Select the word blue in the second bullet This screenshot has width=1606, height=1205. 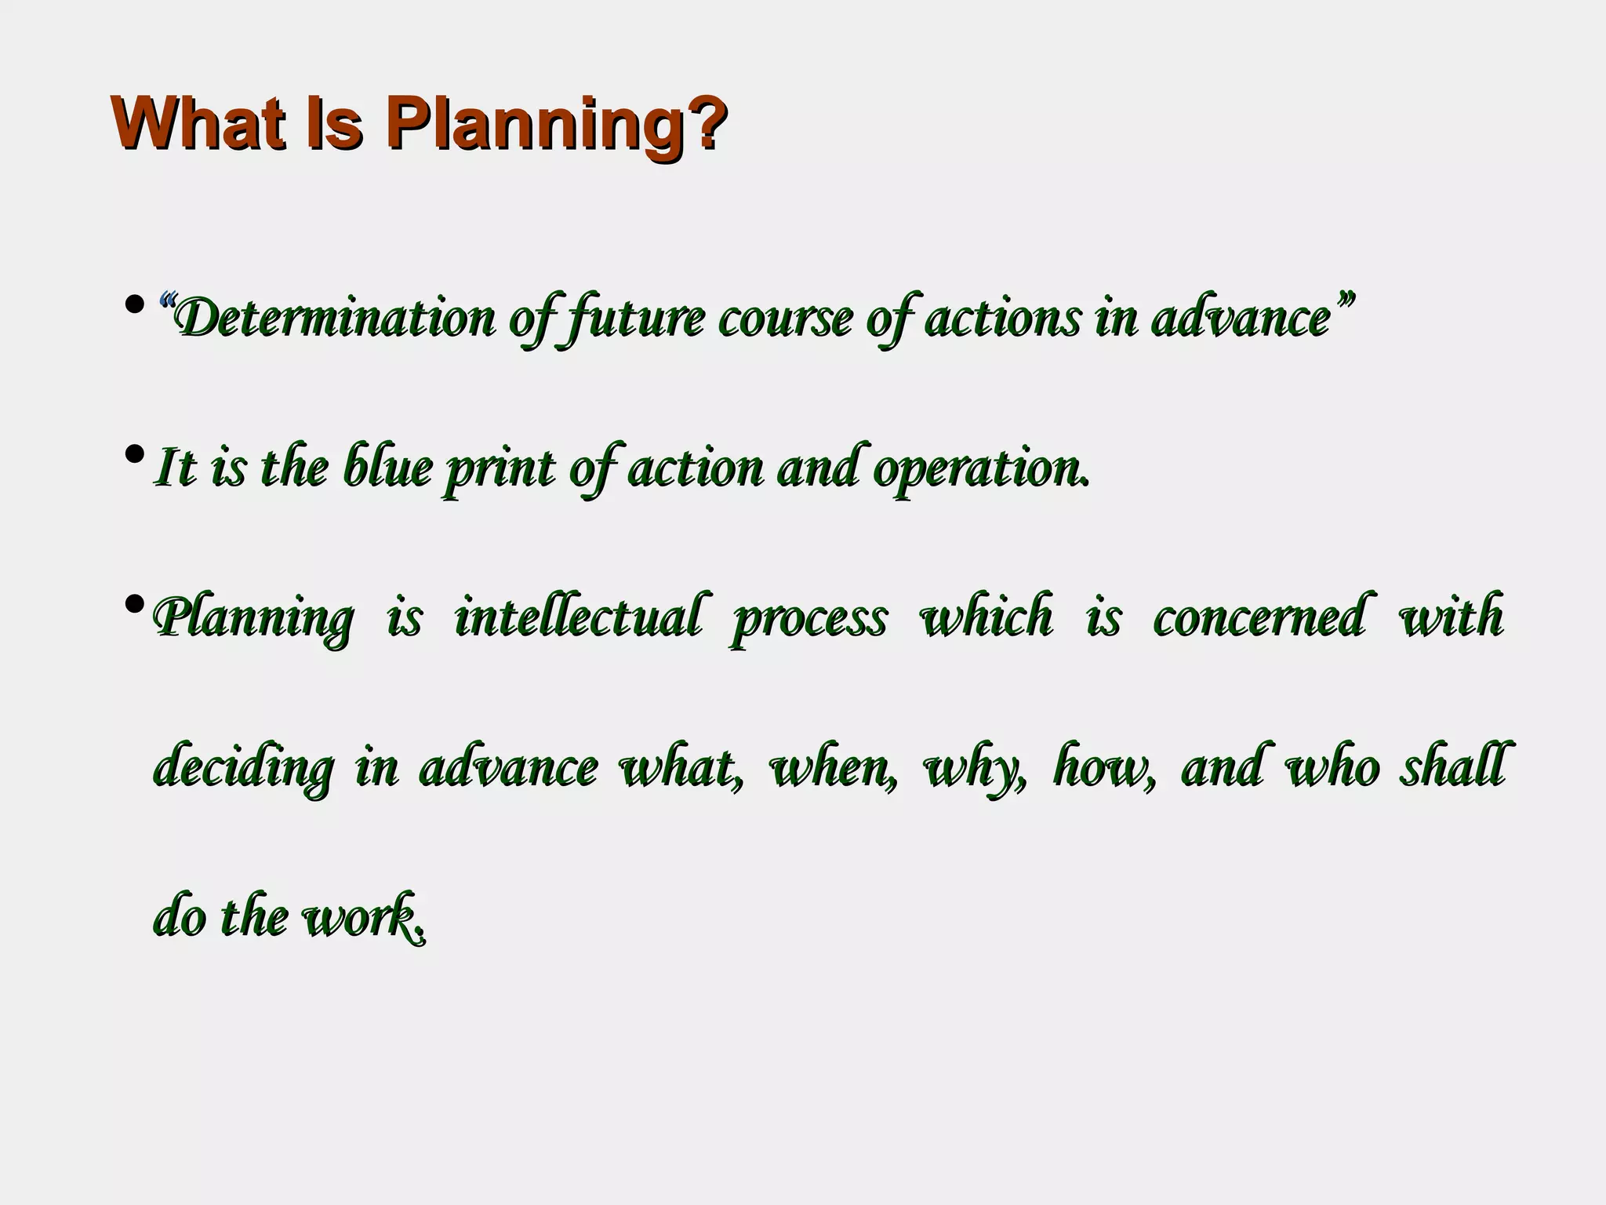tap(387, 468)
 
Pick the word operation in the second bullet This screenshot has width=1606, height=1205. tap(980, 469)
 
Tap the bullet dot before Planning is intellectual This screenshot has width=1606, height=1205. tap(135, 603)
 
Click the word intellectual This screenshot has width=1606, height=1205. tap(577, 617)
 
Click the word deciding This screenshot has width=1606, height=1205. tap(244, 767)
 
